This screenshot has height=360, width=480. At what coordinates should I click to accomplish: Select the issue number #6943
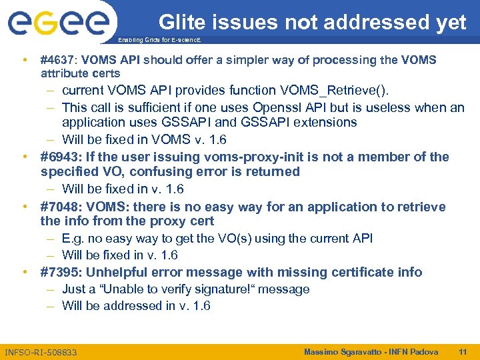pyautogui.click(x=58, y=157)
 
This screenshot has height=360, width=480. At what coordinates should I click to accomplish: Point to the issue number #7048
pyautogui.click(x=58, y=207)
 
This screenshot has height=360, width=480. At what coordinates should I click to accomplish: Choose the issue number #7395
pyautogui.click(x=58, y=272)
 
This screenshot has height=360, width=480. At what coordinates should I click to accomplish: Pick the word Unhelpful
pyautogui.click(x=124, y=272)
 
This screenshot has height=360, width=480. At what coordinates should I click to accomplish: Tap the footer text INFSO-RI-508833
pyautogui.click(x=41, y=351)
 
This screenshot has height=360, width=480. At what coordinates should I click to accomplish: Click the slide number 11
pyautogui.click(x=463, y=351)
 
